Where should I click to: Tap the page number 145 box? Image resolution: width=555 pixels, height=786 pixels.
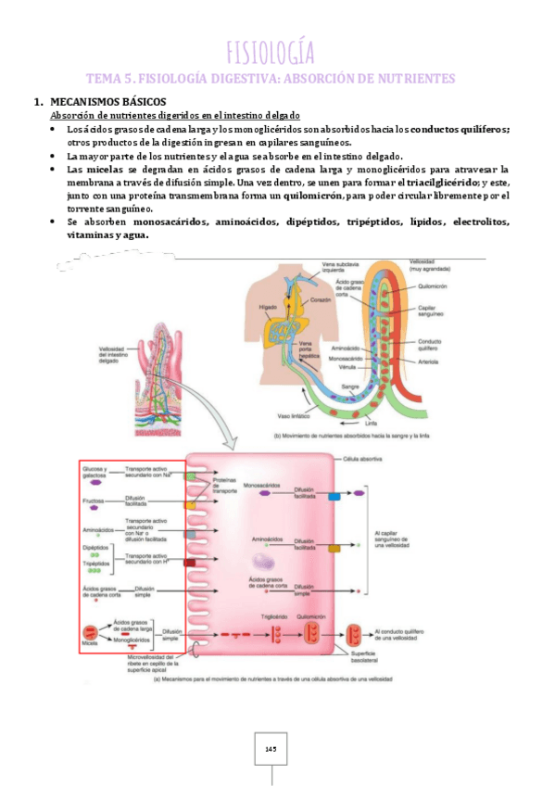271,748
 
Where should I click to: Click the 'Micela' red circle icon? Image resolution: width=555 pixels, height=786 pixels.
91,631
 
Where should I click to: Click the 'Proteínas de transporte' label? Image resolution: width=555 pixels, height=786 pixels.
225,486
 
